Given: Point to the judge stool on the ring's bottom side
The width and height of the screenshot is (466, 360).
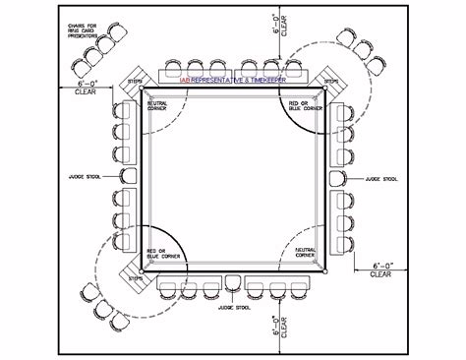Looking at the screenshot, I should (233, 282).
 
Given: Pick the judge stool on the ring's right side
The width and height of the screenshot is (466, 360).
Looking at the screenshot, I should (339, 179).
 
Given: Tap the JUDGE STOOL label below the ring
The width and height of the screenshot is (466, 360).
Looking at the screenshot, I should (233, 307).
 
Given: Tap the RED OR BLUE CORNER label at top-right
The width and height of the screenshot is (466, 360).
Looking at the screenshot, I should (305, 102).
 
